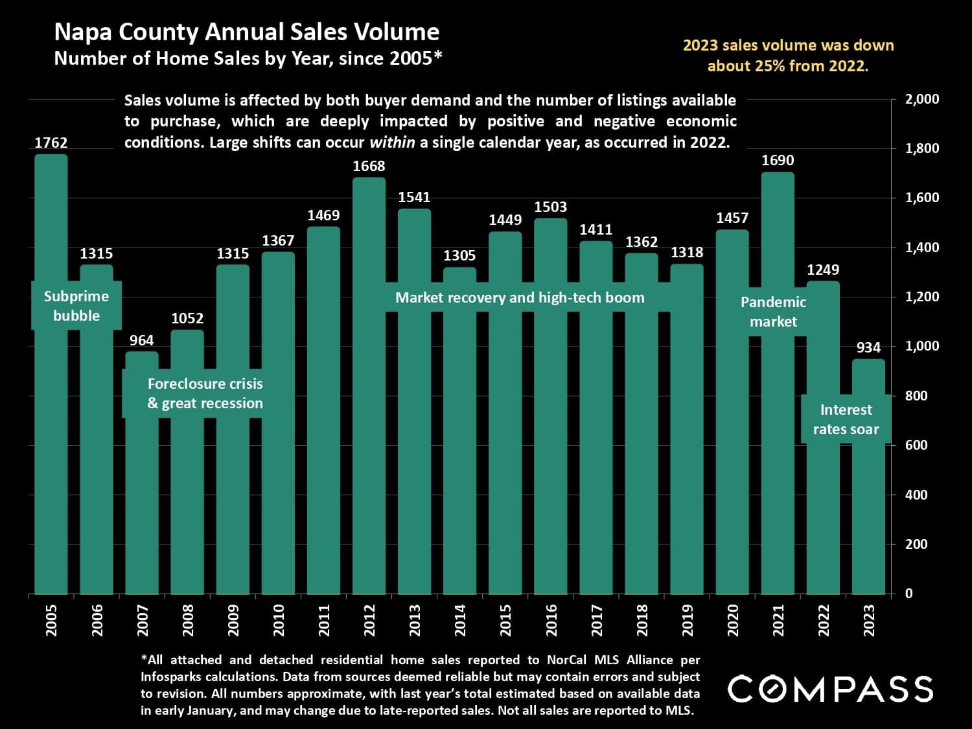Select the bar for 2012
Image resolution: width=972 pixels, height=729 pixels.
pos(369,454)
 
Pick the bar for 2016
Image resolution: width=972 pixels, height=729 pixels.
pos(550,454)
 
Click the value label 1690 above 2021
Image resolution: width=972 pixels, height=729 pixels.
pos(778,160)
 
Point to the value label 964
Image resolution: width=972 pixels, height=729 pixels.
pos(142,340)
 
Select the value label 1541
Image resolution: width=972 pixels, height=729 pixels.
pos(414,197)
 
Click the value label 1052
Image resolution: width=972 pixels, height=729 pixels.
pos(187,318)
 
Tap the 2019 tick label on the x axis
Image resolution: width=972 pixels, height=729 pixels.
pos(688,620)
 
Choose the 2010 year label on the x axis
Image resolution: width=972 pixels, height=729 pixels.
pos(279,620)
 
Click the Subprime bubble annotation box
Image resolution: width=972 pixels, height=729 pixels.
pos(76,306)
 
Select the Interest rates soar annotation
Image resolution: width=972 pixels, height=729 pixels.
pos(846,419)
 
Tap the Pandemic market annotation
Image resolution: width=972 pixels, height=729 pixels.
pos(773,312)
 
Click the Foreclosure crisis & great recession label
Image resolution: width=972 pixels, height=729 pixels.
pos(205,393)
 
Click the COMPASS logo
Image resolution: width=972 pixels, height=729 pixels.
pos(830,689)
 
